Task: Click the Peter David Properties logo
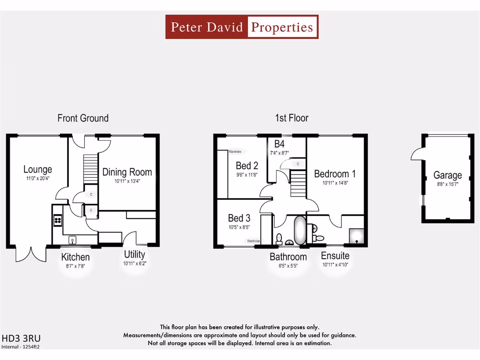(x=242, y=27)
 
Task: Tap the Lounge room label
(x=37, y=169)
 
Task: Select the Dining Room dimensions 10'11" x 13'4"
(x=127, y=181)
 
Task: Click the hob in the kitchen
(x=58, y=220)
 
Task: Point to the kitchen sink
(x=73, y=240)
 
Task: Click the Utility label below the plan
(x=135, y=255)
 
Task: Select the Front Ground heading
(x=83, y=118)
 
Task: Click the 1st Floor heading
(x=292, y=118)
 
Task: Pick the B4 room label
(x=279, y=144)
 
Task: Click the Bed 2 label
(x=247, y=165)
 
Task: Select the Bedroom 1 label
(x=335, y=173)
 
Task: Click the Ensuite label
(x=335, y=256)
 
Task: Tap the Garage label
(x=447, y=175)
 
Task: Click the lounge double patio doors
(x=31, y=253)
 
